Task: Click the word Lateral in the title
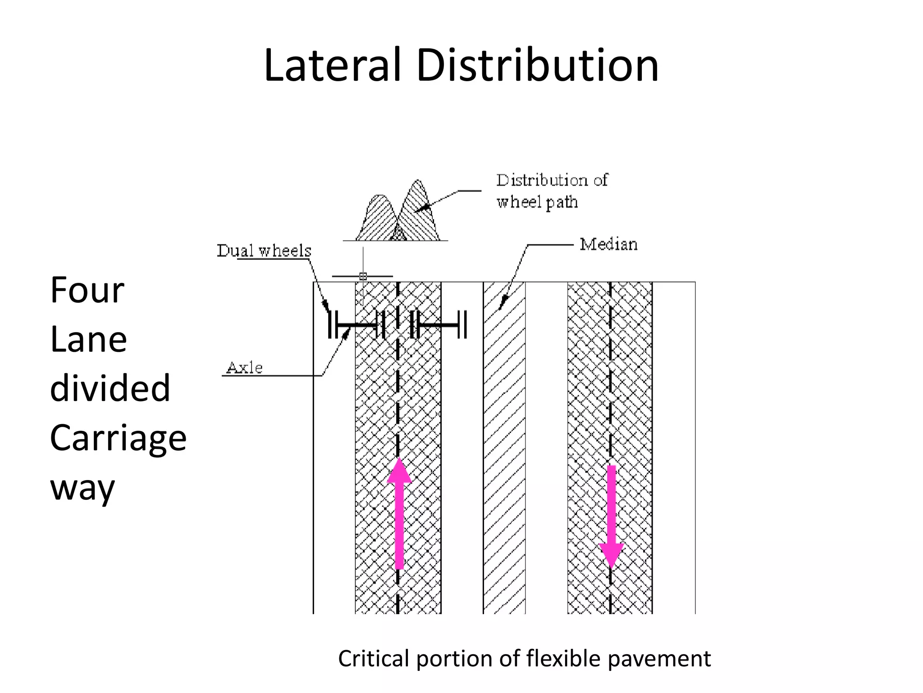point(332,65)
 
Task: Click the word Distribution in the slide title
point(537,65)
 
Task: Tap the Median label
point(608,245)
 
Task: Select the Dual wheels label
point(264,251)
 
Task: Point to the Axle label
point(244,368)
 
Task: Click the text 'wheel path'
point(537,202)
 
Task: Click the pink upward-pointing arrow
point(399,514)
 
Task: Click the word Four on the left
point(87,290)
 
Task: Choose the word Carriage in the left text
point(118,438)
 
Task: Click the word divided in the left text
point(110,388)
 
